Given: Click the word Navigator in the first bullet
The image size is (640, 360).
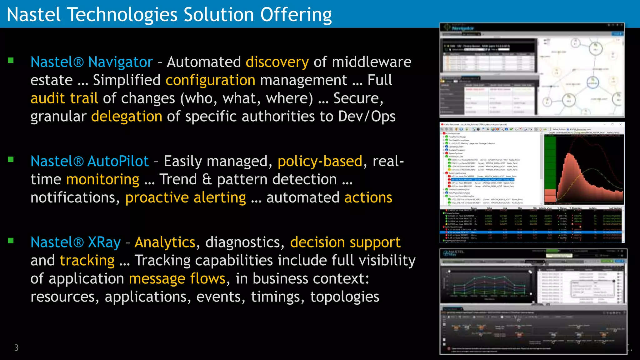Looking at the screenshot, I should [120, 62].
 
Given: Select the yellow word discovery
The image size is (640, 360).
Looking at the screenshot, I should [277, 62].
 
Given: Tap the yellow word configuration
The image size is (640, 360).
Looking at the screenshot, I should [210, 80].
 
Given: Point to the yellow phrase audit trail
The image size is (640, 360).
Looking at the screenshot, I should [64, 98].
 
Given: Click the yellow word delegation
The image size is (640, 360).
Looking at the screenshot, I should [127, 116].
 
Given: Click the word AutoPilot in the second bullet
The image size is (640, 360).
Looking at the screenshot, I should [118, 161].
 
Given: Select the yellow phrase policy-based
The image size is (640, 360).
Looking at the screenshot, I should [320, 161].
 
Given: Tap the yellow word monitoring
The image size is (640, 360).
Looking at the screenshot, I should [102, 179].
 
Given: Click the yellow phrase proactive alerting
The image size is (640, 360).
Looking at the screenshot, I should [186, 197].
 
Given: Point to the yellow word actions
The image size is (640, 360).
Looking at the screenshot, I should [368, 197].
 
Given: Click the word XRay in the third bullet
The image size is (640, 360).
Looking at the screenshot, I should [104, 242].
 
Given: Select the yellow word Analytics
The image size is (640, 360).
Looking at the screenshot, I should [165, 242].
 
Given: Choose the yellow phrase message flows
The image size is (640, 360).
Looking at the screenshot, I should [177, 278].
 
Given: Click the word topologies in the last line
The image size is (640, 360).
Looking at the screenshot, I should [344, 297].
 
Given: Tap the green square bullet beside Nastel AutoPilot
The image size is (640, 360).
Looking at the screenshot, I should [11, 160].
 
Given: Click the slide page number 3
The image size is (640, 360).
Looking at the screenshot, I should [16, 347].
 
